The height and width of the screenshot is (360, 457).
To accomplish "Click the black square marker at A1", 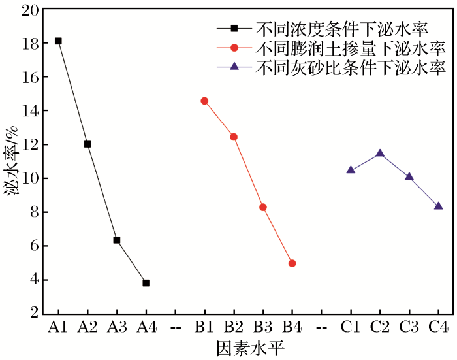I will [58, 41].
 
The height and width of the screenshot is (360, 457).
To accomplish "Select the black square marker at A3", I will [117, 240].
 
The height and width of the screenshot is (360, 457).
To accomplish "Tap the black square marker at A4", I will [146, 283].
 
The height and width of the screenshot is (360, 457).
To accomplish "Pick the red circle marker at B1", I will [204, 101].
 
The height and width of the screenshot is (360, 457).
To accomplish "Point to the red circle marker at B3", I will [263, 207].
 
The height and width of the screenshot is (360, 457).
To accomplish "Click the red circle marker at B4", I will [292, 263].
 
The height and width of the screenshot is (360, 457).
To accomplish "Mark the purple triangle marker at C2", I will [380, 153].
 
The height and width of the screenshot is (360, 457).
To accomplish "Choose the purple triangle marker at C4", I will [439, 205].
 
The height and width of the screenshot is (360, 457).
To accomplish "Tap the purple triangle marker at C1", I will [351, 169].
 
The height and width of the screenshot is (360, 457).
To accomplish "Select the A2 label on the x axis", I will [87, 326].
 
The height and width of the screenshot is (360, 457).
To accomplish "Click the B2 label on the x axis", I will [234, 326].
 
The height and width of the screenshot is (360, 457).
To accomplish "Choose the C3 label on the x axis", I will [409, 326].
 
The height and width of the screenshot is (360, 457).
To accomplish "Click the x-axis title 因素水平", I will [248, 348].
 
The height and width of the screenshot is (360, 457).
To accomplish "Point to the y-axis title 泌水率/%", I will [11, 161].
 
